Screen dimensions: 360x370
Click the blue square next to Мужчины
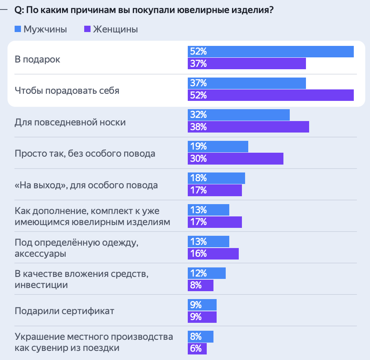pyautogui.click(x=18, y=29)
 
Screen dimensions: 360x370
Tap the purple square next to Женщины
pyautogui.click(x=88, y=29)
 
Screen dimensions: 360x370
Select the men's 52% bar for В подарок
pyautogui.click(x=270, y=52)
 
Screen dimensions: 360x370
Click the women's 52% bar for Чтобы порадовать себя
pyautogui.click(x=270, y=95)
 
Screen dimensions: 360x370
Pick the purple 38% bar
pyautogui.click(x=248, y=127)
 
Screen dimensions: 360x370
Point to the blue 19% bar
pyautogui.click(x=218, y=146)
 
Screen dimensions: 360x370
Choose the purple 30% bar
pyautogui.click(x=236, y=159)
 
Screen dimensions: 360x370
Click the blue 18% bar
pyautogui.click(x=216, y=178)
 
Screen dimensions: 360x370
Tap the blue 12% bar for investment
pyautogui.click(x=207, y=273)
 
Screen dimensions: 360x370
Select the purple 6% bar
pyautogui.click(x=197, y=349)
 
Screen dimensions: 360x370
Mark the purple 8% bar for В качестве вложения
pyautogui.click(x=200, y=285)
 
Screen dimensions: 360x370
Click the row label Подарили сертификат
pyautogui.click(x=64, y=311)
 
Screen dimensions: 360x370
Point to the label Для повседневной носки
pyautogui.click(x=70, y=122)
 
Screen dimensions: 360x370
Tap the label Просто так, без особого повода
pyautogui.click(x=85, y=153)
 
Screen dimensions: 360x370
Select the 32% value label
pyautogui.click(x=198, y=115)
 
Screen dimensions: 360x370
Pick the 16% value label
pyautogui.click(x=198, y=254)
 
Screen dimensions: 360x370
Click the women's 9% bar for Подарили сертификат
pyautogui.click(x=202, y=317)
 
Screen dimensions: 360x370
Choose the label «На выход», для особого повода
pyautogui.click(x=86, y=185)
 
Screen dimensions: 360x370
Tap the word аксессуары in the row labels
pyautogui.click(x=40, y=254)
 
